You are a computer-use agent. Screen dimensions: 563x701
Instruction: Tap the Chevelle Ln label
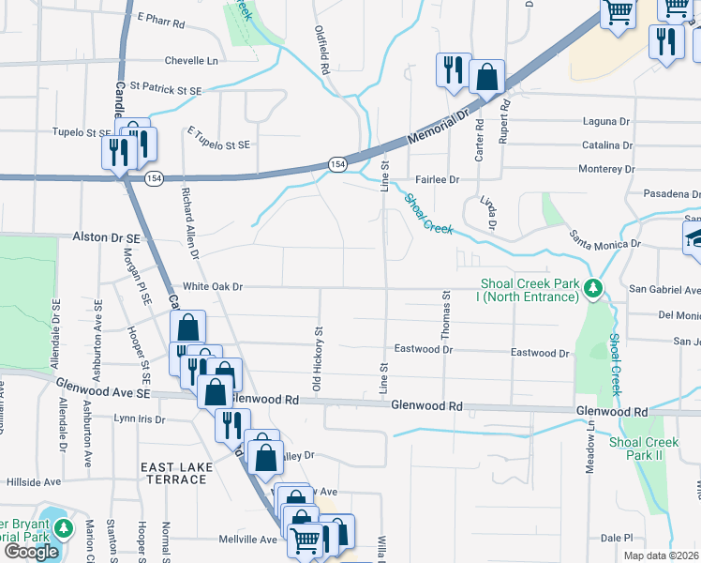(191, 60)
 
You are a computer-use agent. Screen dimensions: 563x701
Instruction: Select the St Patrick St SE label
(166, 90)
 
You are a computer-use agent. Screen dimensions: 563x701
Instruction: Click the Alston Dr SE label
(106, 239)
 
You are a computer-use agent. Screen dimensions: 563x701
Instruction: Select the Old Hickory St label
(318, 360)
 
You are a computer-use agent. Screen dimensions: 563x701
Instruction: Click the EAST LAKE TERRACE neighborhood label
(173, 473)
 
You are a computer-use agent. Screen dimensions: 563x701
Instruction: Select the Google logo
(32, 552)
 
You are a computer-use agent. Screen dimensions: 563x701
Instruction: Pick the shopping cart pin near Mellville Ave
(305, 540)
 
